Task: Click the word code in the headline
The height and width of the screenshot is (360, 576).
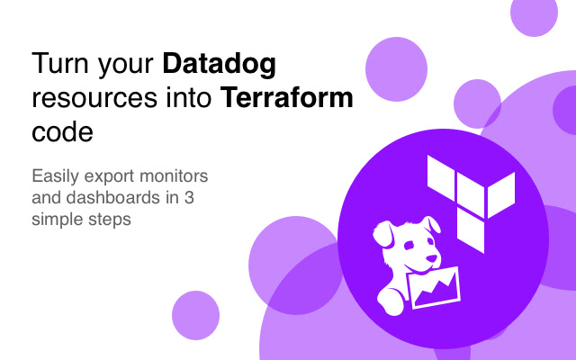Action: (62, 131)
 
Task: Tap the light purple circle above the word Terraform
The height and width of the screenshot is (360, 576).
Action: (396, 66)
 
